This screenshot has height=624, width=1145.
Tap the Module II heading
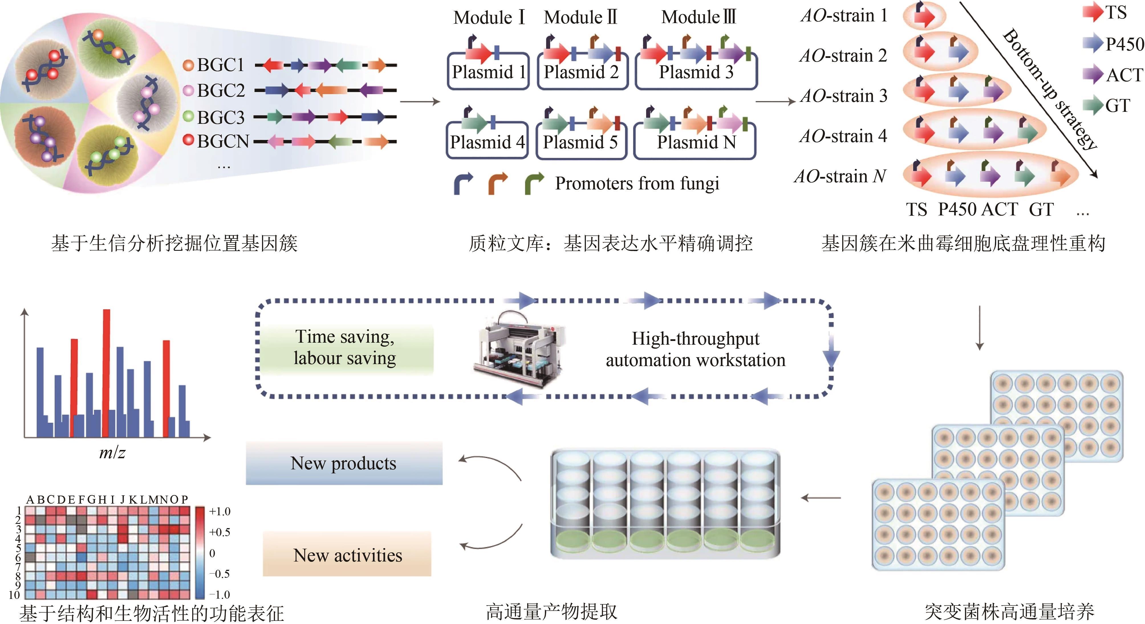point(580,18)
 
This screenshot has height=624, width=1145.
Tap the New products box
point(344,463)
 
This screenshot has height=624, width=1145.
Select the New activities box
point(347,555)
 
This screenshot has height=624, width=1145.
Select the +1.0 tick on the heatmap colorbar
point(220,512)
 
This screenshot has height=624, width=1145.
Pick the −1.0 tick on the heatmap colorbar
point(220,595)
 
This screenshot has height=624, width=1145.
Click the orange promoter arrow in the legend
point(498,183)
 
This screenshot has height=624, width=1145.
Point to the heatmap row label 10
point(14,595)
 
